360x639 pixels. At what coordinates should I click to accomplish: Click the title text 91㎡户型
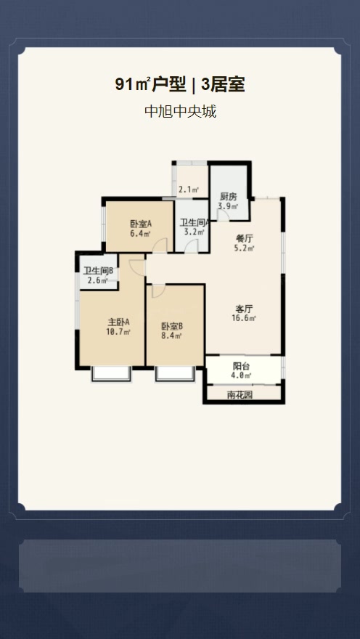coord(150,85)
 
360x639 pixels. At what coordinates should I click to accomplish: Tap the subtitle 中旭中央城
coord(180,111)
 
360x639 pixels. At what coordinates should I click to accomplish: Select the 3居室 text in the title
coord(222,85)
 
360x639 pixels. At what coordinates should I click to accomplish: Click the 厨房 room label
coord(228,197)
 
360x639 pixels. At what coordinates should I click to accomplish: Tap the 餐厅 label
coord(245,238)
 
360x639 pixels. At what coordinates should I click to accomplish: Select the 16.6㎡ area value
coord(245,318)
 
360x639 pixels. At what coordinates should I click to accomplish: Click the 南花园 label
coord(239,394)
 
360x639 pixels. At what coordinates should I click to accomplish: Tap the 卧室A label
coord(141,224)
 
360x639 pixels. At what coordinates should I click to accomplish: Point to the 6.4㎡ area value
coord(141,234)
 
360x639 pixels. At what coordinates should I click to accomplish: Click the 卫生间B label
coord(98,271)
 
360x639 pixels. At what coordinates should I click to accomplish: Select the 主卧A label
coord(118,322)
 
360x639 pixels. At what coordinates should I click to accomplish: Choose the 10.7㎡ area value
coord(118,332)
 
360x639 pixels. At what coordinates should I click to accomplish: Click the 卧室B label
coord(172,326)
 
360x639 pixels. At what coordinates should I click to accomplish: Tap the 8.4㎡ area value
coord(172,335)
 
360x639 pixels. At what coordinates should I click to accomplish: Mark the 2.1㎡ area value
coord(189,190)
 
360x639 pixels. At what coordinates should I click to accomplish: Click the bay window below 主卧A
coord(111,374)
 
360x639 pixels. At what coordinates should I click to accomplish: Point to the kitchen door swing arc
coord(223,216)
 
